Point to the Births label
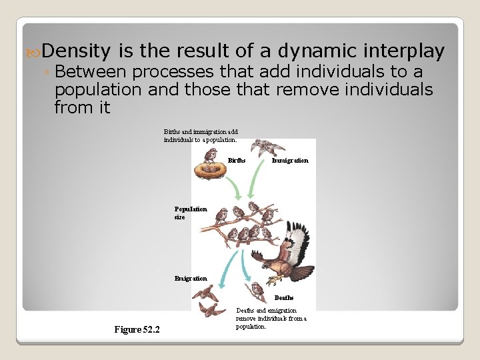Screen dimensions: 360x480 [x=237, y=161]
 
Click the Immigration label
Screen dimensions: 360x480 [x=290, y=161]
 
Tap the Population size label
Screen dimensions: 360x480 [x=191, y=213]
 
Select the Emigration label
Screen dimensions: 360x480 [x=191, y=278]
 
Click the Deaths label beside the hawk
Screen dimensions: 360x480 [x=284, y=298]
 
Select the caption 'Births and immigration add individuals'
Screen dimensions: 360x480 [x=201, y=136]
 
